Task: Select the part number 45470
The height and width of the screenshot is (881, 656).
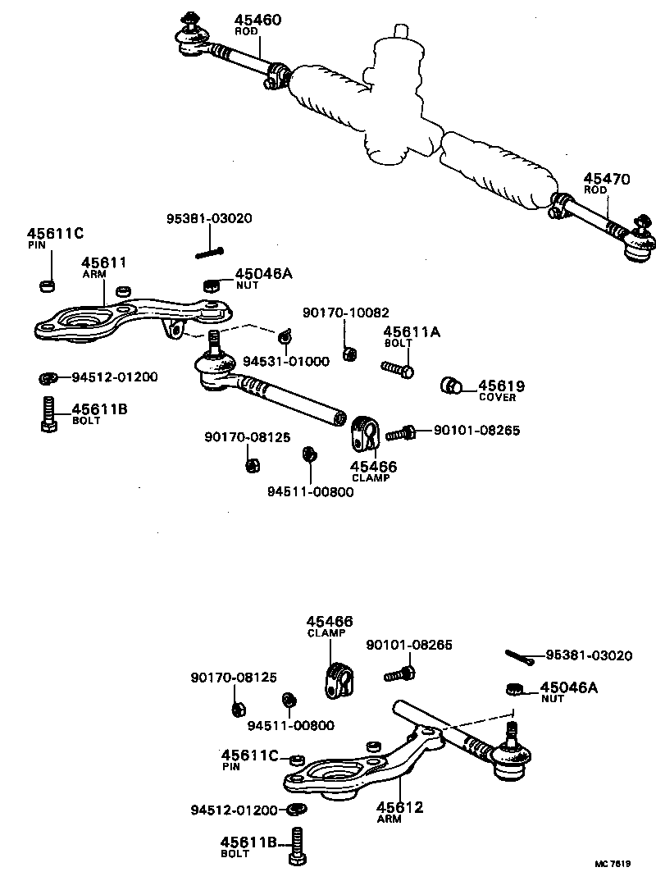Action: point(607,179)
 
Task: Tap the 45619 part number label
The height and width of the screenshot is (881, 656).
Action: point(501,386)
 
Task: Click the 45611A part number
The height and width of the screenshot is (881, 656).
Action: point(412,331)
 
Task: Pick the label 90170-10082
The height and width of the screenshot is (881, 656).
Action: point(345,313)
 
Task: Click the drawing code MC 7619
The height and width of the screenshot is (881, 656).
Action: point(613,864)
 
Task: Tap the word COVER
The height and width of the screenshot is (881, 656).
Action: point(497,398)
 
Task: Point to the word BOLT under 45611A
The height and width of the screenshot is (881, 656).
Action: point(396,344)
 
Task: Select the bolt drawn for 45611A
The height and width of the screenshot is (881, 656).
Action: point(397,368)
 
